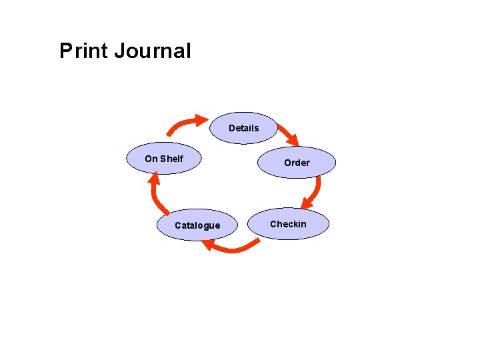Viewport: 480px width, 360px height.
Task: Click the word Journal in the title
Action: pos(152,51)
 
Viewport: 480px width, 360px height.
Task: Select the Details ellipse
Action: pos(243,128)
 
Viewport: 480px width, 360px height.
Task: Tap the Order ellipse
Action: pos(297,163)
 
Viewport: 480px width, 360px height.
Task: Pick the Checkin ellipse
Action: pos(288,224)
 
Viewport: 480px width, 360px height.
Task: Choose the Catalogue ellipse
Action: pos(197,225)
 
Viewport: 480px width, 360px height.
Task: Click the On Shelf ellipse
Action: pos(164,159)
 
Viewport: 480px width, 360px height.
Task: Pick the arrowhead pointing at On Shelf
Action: pos(154,178)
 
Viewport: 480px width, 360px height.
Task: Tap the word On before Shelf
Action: pos(151,159)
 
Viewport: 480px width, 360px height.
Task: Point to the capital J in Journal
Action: pos(120,51)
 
